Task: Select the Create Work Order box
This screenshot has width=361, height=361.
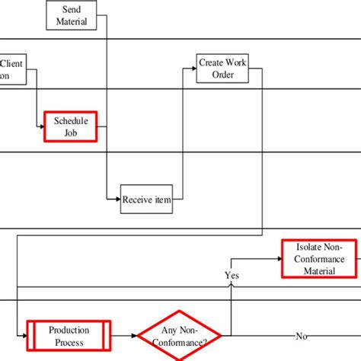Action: (x=222, y=69)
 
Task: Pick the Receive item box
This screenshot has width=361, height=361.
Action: (x=147, y=200)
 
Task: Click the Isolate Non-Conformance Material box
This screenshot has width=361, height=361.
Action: (x=319, y=259)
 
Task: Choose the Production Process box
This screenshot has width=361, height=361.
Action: (x=69, y=336)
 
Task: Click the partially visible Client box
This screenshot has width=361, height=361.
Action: (x=14, y=70)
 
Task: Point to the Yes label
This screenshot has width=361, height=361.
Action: (x=232, y=274)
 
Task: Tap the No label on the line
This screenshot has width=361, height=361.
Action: (x=302, y=336)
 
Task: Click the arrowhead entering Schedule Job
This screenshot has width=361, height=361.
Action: (x=42, y=127)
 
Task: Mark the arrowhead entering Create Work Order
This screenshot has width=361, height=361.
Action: (x=193, y=69)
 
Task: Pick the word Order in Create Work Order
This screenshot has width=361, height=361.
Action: (x=222, y=75)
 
